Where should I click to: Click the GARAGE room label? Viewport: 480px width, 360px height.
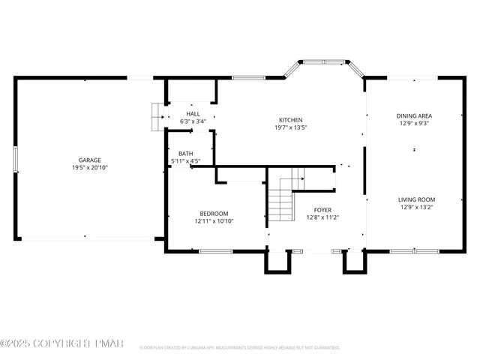pyautogui.click(x=90, y=160)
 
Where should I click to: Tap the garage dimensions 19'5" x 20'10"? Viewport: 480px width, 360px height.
pyautogui.click(x=90, y=167)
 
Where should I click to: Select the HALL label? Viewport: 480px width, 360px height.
pyautogui.click(x=193, y=113)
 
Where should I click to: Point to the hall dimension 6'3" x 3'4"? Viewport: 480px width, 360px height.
pyautogui.click(x=193, y=121)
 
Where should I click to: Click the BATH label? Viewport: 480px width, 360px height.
pyautogui.click(x=185, y=153)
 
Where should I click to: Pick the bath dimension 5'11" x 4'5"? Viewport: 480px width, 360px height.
pyautogui.click(x=185, y=160)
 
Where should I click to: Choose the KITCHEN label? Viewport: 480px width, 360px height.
pyautogui.click(x=290, y=120)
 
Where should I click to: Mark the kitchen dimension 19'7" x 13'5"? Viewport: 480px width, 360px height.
pyautogui.click(x=290, y=127)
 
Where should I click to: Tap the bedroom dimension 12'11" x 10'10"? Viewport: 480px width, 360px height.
pyautogui.click(x=214, y=221)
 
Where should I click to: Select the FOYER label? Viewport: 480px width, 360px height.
pyautogui.click(x=322, y=210)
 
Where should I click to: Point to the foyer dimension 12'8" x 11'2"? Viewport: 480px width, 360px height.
pyautogui.click(x=322, y=217)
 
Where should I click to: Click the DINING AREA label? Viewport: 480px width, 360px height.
pyautogui.click(x=415, y=115)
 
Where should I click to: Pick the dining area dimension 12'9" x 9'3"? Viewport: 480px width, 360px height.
pyautogui.click(x=415, y=123)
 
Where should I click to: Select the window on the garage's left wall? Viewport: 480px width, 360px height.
pyautogui.click(x=15, y=159)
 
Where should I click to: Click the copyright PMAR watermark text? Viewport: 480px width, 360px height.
pyautogui.click(x=61, y=343)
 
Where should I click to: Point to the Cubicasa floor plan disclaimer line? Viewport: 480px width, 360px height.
pyautogui.click(x=240, y=347)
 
